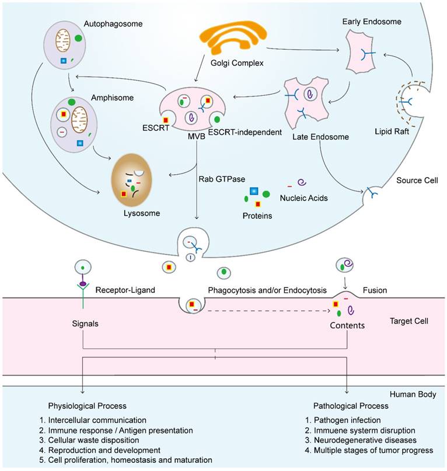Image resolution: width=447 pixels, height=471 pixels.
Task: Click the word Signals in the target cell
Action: [x=85, y=322]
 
